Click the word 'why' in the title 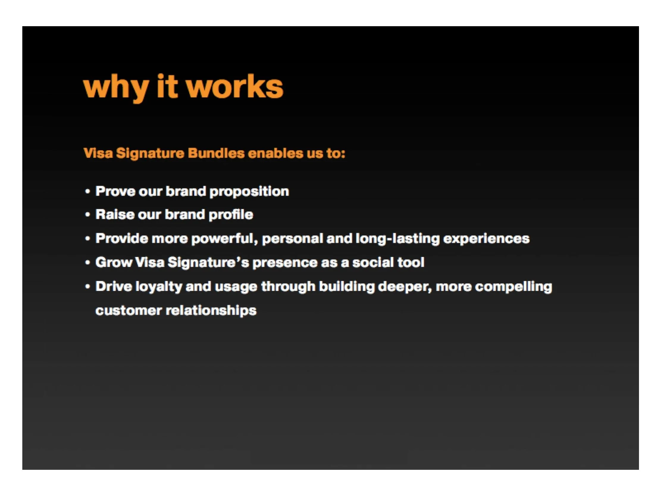point(116,87)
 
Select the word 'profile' point(231,215)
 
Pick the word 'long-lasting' point(397,239)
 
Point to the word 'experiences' point(486,239)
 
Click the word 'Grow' point(114,263)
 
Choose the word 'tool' point(411,263)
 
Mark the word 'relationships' point(211,310)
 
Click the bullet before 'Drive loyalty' point(87,286)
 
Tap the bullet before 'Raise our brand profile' point(87,215)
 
